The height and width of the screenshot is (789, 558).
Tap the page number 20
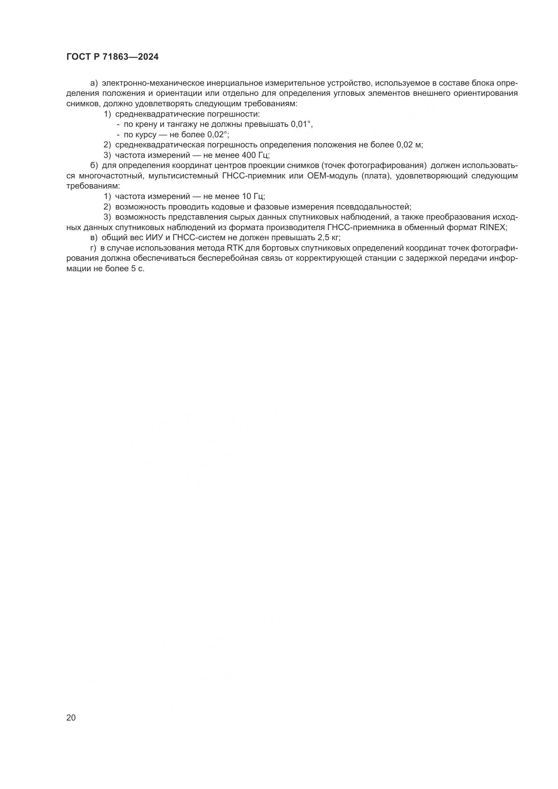click(71, 717)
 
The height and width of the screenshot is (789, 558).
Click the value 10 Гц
click(252, 197)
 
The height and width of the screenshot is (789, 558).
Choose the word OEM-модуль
click(330, 176)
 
